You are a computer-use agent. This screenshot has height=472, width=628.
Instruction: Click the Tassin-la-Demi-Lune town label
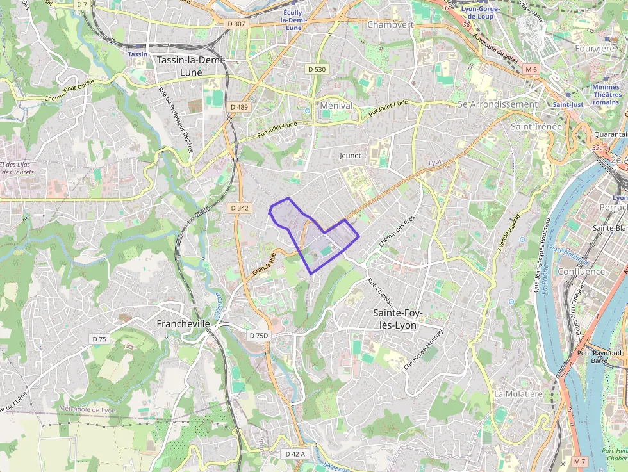(188, 66)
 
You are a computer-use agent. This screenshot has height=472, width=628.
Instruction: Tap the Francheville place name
(183, 324)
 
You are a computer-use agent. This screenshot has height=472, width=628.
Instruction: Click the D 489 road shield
(238, 107)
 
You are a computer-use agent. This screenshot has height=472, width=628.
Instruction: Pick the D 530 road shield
(317, 69)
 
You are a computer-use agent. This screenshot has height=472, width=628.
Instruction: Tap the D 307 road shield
(236, 24)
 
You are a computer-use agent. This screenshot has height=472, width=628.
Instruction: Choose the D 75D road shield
(260, 336)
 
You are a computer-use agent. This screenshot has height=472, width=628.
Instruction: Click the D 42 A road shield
(295, 453)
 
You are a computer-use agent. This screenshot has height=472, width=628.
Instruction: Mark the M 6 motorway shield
(531, 69)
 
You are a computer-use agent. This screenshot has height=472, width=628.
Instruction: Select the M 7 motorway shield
(580, 461)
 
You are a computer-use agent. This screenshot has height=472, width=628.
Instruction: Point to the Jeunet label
(351, 155)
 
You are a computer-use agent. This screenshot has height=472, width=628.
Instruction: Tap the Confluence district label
(581, 271)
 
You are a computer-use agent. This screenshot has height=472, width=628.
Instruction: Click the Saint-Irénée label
(536, 126)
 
